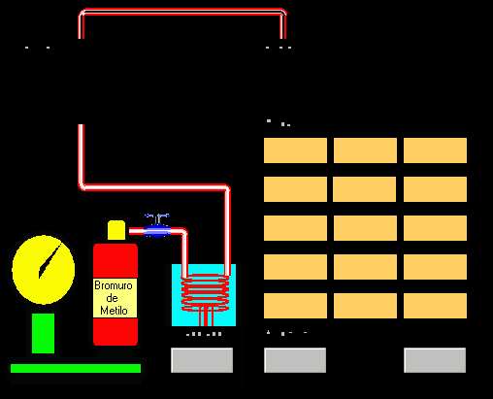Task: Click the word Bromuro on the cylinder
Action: [x=114, y=285]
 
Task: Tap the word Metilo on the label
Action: [x=114, y=311]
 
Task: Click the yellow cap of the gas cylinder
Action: [x=116, y=230]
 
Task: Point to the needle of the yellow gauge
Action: [x=49, y=260]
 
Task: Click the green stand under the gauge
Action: [x=43, y=333]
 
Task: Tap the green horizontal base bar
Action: [x=76, y=368]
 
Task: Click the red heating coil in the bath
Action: [x=205, y=293]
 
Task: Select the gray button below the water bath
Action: [x=202, y=360]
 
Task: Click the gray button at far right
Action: [x=435, y=360]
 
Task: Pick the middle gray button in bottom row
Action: [x=295, y=360]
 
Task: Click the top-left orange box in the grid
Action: [x=295, y=150]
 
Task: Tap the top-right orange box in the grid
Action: [x=435, y=150]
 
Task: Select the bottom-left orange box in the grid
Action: [x=295, y=306]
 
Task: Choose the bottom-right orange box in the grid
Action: [x=435, y=306]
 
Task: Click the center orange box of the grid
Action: [x=365, y=228]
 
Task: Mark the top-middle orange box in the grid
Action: [x=365, y=150]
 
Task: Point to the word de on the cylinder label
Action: [x=112, y=298]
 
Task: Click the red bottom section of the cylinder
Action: [x=115, y=332]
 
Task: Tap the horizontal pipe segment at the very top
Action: [x=182, y=12]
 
